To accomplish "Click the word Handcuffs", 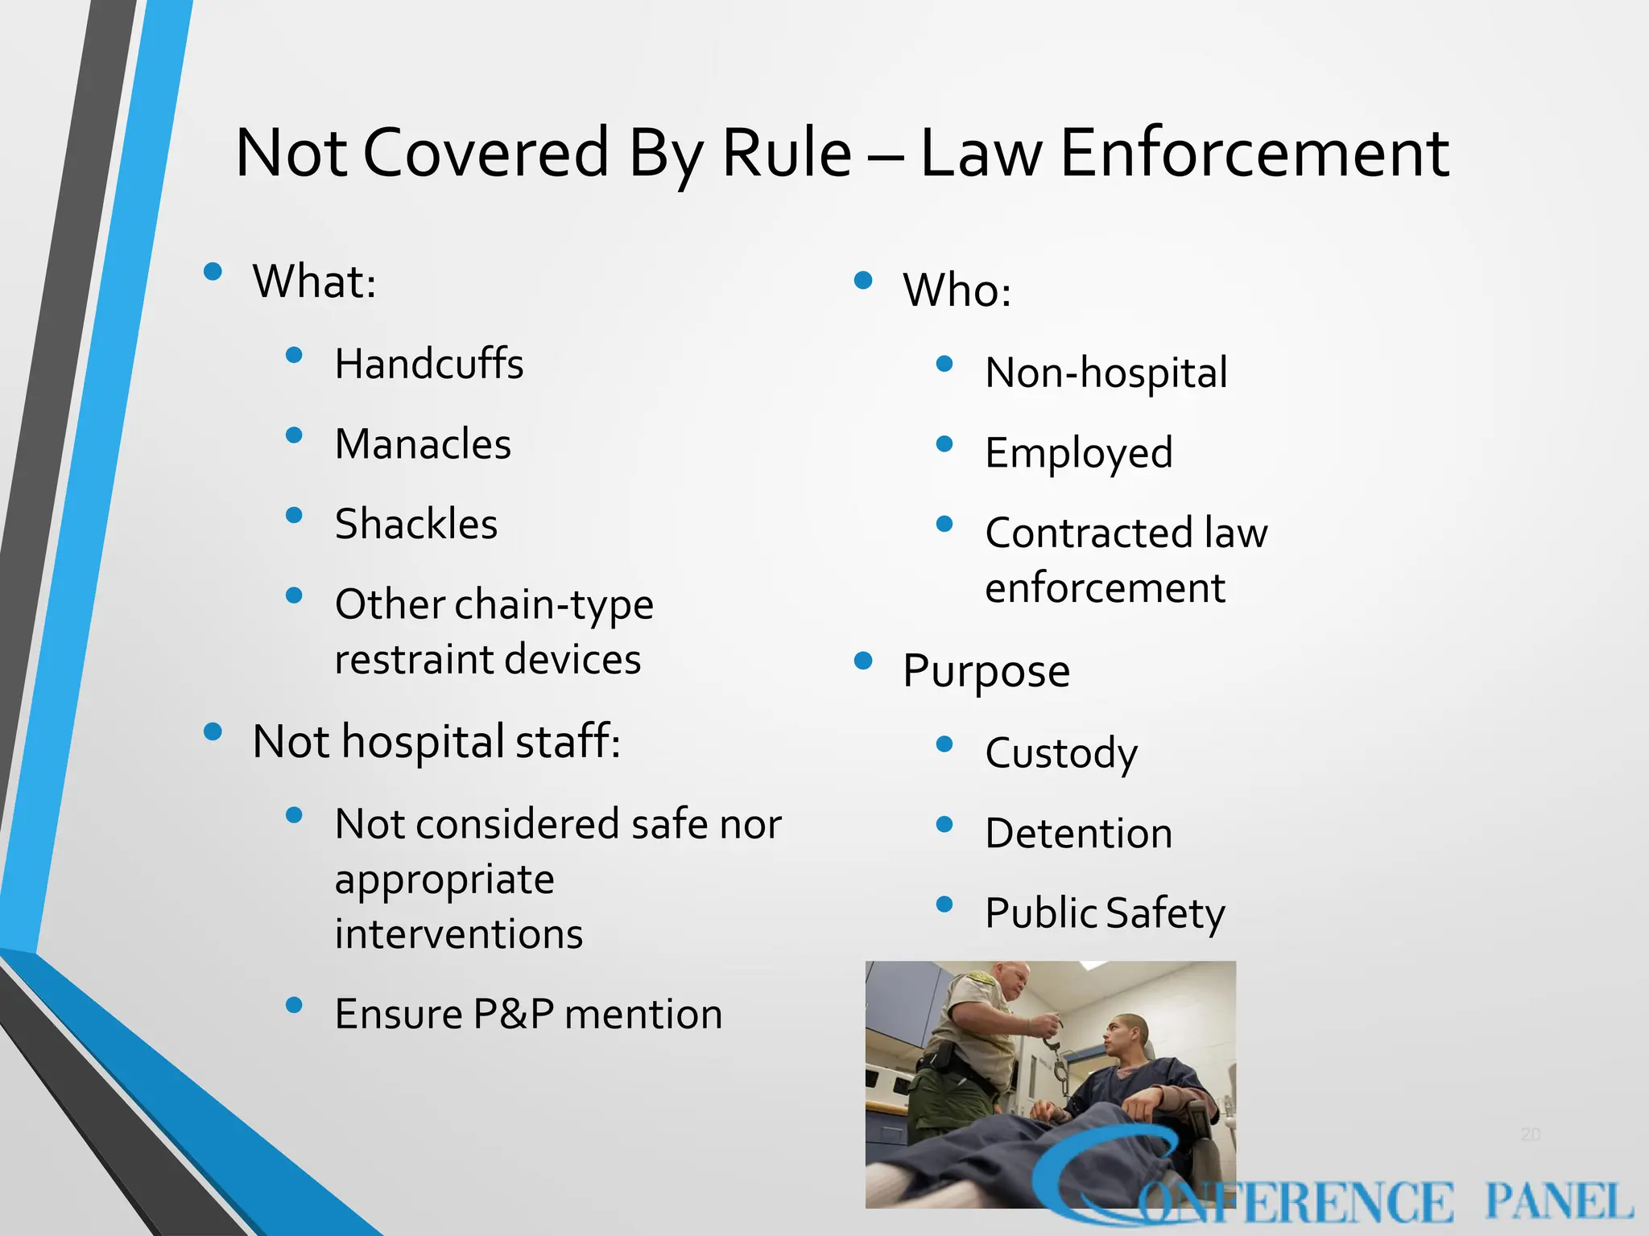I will tap(428, 364).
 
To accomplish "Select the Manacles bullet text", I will tap(423, 444).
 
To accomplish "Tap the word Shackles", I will tap(415, 524).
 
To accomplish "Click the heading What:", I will tap(314, 282).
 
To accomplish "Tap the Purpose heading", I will tap(986, 671).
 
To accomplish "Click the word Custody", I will tap(1061, 753).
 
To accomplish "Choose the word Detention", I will tap(1079, 833).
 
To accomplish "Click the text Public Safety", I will tap(1105, 913).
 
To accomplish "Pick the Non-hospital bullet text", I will tap(1106, 373).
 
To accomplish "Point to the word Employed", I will tap(1079, 453).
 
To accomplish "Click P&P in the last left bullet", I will tap(513, 1014).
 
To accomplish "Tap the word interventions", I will tap(459, 934).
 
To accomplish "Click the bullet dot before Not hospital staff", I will tap(213, 731).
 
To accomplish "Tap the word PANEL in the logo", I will tap(1558, 1202).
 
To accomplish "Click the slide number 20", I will tap(1530, 1135).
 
